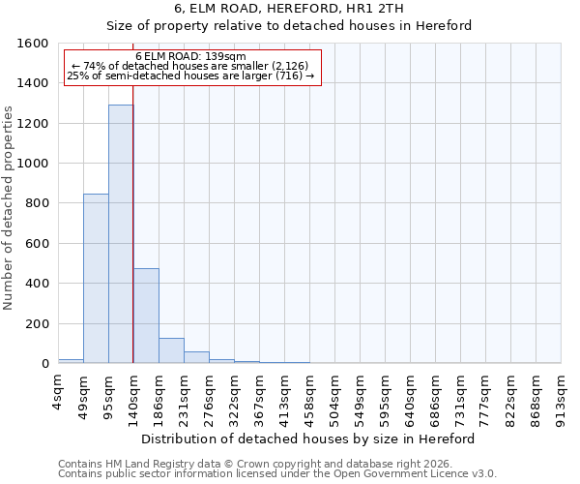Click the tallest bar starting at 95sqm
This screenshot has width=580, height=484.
pyautogui.click(x=121, y=234)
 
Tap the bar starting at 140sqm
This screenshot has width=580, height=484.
pyautogui.click(x=146, y=316)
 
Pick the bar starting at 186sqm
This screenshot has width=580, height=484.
pyautogui.click(x=171, y=350)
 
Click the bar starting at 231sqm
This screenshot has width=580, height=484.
pyautogui.click(x=196, y=357)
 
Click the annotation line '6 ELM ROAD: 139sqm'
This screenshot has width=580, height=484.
pyautogui.click(x=190, y=56)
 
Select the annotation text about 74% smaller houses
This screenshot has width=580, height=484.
pyautogui.click(x=190, y=66)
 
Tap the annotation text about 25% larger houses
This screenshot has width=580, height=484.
pyautogui.click(x=190, y=76)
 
